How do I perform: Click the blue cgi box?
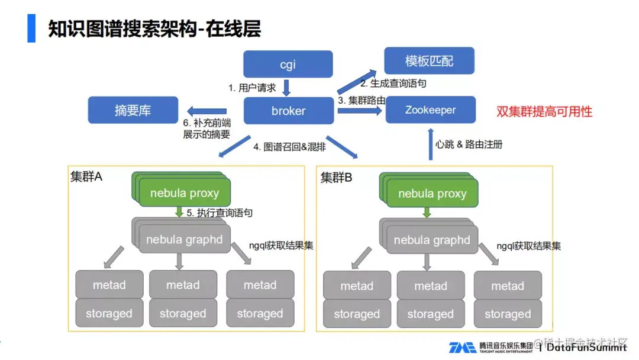[288, 65]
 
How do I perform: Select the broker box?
[288, 111]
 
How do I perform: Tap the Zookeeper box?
[430, 110]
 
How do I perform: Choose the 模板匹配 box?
[430, 61]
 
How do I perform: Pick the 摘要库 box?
[133, 111]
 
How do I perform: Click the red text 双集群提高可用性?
[544, 111]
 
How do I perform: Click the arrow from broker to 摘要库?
[206, 111]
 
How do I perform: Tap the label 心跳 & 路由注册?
[469, 144]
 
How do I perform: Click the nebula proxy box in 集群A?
[185, 193]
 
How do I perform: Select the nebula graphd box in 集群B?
[432, 240]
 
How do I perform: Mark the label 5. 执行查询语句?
[220, 213]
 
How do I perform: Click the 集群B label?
[336, 177]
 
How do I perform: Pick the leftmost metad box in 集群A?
[109, 285]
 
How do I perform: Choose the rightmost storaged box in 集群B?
[508, 314]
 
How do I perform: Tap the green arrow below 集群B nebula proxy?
[427, 213]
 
